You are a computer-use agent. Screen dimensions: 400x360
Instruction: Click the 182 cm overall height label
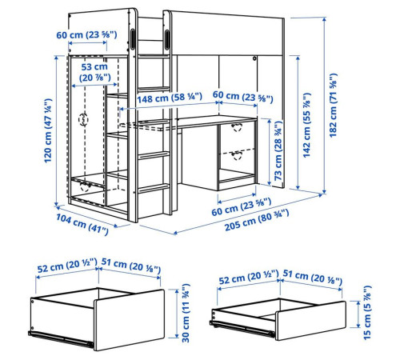click(333, 106)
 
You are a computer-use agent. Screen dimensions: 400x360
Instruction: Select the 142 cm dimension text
click(307, 126)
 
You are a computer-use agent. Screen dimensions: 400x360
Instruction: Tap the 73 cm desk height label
click(278, 151)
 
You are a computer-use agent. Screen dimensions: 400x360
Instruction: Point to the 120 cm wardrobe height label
click(48, 130)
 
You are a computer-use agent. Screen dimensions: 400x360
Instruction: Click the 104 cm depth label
click(82, 225)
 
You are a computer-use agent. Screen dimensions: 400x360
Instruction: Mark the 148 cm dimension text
click(170, 98)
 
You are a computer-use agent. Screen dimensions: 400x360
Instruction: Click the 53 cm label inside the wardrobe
click(94, 72)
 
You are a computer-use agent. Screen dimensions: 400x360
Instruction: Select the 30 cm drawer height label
click(186, 313)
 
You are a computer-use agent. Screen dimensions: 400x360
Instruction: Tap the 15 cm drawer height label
click(367, 313)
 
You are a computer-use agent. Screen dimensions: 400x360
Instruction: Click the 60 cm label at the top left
click(86, 35)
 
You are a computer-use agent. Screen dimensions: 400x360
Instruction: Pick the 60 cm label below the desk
click(242, 206)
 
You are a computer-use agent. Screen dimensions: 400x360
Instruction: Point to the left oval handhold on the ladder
click(133, 39)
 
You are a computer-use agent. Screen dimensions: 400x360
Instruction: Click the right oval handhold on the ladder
click(167, 39)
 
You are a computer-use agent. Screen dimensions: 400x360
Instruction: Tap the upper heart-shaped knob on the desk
click(237, 127)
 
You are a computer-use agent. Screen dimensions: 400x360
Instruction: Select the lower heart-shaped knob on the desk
click(237, 155)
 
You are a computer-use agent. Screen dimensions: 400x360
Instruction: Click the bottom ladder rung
click(154, 188)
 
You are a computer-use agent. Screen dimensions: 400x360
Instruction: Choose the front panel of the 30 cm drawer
click(129, 320)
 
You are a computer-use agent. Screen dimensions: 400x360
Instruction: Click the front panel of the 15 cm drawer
click(310, 321)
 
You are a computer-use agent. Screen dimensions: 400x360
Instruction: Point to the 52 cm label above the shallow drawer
click(249, 277)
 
